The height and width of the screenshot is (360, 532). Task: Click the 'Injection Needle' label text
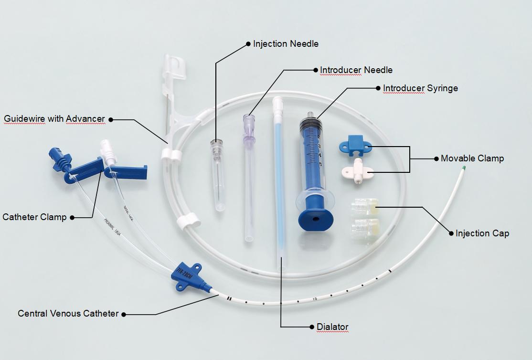tap(286, 44)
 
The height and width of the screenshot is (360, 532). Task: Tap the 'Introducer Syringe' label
tap(420, 88)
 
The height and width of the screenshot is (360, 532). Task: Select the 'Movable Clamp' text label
tap(472, 159)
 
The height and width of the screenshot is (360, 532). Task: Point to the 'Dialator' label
tap(332, 327)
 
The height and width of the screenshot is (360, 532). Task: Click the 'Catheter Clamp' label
tap(34, 217)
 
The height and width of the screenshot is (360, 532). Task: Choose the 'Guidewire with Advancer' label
tap(54, 119)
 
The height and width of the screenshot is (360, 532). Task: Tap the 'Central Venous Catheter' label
tap(68, 314)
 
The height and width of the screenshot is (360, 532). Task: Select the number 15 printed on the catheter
tap(315, 299)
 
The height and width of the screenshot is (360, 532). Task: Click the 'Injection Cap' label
tap(482, 233)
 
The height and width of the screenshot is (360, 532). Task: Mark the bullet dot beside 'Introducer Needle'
tap(315, 70)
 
